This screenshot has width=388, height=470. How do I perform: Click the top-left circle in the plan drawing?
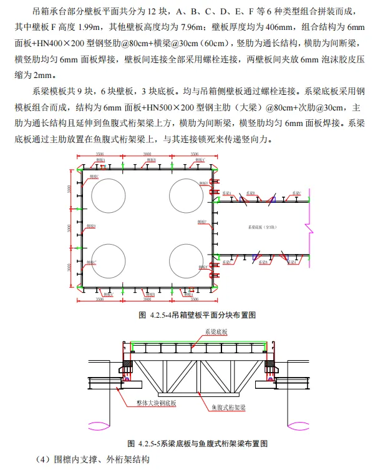[x=109, y=195]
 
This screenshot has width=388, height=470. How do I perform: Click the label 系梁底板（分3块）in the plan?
[x=264, y=228]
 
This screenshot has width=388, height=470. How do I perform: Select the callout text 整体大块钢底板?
[x=155, y=404]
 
